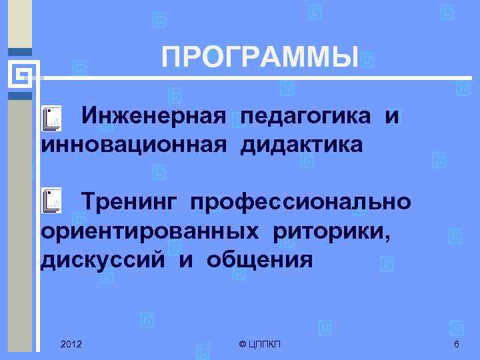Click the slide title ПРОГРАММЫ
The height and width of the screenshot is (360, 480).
[261, 59]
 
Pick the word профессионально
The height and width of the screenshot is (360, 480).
[299, 201]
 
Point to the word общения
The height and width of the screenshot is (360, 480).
[259, 259]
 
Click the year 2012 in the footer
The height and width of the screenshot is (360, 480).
[71, 344]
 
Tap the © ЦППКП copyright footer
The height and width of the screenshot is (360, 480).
[259, 344]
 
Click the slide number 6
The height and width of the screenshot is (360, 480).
[456, 344]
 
